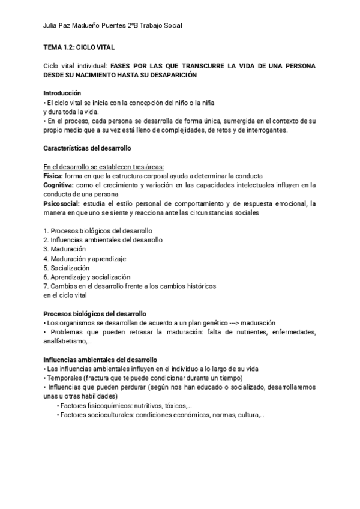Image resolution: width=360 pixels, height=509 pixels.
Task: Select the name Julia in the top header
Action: point(53,26)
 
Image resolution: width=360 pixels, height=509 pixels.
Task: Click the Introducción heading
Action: point(62,93)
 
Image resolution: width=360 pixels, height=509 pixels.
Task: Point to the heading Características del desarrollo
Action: point(87,148)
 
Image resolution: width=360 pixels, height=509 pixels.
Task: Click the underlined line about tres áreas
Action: point(104,167)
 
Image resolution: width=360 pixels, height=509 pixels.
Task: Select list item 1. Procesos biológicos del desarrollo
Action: point(98,231)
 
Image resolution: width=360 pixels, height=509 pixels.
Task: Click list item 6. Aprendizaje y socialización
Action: point(86,277)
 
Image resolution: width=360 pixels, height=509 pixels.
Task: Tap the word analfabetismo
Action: point(65,341)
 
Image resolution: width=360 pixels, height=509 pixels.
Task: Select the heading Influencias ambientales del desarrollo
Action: point(100,359)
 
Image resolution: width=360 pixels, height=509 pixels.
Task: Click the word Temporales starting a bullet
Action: point(64,378)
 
